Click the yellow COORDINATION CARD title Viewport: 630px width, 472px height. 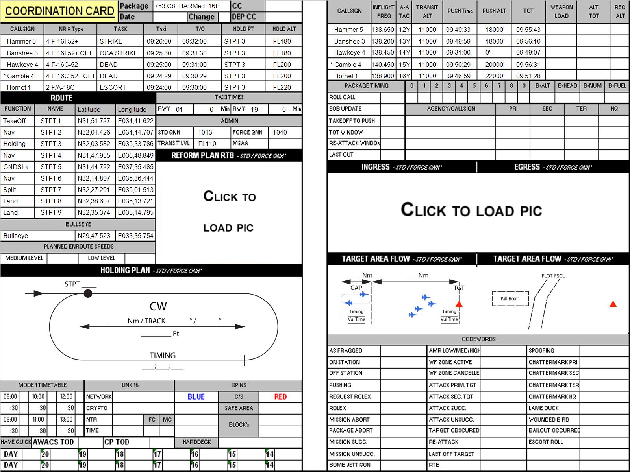[x=59, y=11]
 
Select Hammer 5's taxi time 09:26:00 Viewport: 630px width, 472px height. [x=159, y=42]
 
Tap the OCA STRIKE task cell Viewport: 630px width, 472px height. [x=119, y=53]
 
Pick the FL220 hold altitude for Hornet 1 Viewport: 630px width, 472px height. [x=282, y=87]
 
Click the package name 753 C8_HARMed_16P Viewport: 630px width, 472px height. [x=187, y=6]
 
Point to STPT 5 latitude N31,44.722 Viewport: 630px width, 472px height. [x=94, y=167]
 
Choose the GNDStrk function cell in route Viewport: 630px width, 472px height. [x=16, y=167]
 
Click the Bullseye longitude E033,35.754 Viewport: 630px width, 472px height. [x=135, y=236]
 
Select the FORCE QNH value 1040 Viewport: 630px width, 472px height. [x=280, y=133]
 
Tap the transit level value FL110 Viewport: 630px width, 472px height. [x=207, y=144]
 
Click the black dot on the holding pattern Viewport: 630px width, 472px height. [x=88, y=293]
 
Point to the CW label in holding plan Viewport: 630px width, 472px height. [x=158, y=306]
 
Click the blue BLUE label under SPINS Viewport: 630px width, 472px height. [x=196, y=397]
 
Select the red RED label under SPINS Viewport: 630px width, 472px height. [x=280, y=397]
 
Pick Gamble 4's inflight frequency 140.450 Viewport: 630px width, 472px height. [x=383, y=65]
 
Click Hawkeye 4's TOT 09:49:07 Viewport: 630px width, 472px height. [x=528, y=53]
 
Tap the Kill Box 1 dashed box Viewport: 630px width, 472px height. [x=510, y=299]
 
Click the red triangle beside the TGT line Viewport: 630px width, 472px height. [x=459, y=304]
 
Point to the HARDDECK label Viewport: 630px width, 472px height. [x=196, y=442]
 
